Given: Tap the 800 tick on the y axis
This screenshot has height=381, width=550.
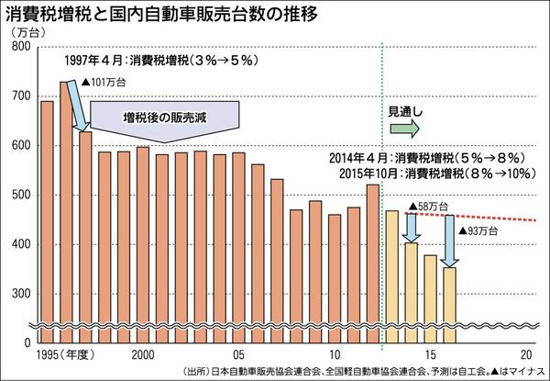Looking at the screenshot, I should tap(20, 47).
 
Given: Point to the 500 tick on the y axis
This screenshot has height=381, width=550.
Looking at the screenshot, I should tap(20, 196).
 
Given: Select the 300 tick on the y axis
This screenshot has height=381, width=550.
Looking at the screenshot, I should tap(20, 294).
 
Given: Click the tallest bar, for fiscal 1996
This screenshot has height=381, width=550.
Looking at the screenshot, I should tap(67, 211).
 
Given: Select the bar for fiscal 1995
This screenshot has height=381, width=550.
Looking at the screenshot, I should tap(48, 220).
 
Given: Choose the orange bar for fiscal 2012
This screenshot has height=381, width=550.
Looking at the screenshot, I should tap(372, 262).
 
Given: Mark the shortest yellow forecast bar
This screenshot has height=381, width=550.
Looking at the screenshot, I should tap(449, 303).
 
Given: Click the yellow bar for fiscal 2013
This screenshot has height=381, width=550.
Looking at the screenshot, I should tap(391, 275).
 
